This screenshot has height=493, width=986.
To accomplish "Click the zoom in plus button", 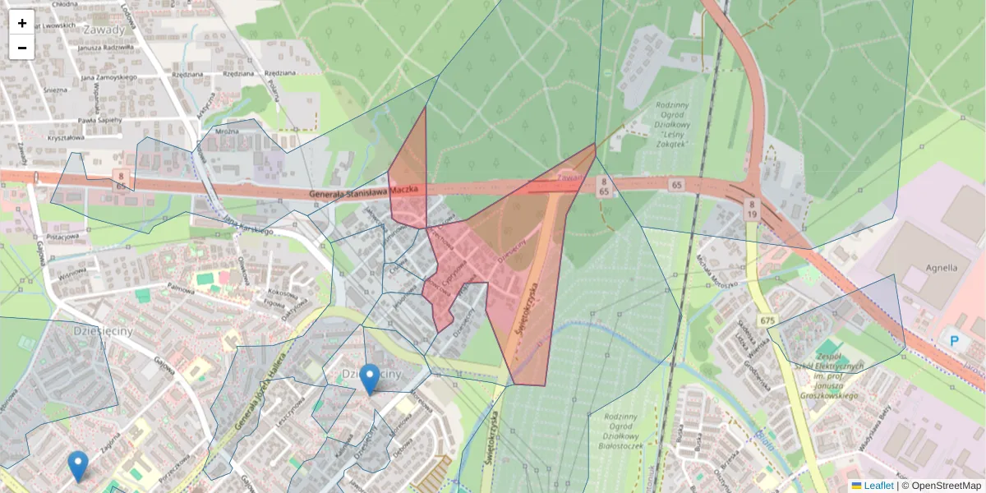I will coord(22,23).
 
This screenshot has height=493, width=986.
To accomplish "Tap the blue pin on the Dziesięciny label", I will coord(370,378).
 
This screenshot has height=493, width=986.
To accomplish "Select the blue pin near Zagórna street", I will coord(78,465).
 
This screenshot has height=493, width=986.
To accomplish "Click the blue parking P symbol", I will coord(954,340).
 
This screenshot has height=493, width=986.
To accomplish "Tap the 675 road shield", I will coord(768,320).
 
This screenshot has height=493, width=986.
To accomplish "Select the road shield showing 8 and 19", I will coord(751,208).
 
